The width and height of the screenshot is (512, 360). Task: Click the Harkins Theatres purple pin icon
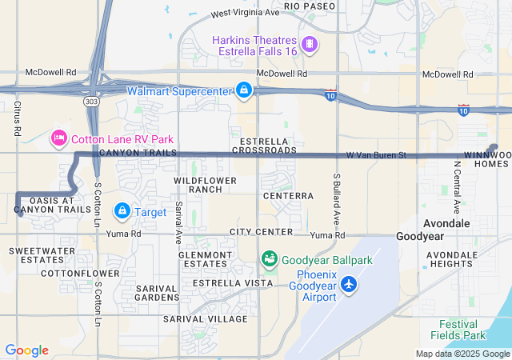click(309, 42)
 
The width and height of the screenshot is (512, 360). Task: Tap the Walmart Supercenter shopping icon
click(243, 90)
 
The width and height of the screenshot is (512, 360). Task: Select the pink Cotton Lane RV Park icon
click(58, 138)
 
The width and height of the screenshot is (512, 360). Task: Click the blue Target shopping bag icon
click(122, 211)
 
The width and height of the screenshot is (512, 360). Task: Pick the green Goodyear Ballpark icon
click(269, 259)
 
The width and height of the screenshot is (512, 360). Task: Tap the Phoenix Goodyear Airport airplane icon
click(349, 284)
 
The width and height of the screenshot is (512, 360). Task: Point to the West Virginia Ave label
click(245, 14)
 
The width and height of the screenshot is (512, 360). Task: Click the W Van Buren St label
click(377, 154)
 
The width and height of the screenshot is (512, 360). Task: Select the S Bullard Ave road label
click(338, 198)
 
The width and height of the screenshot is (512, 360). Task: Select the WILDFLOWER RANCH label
click(206, 185)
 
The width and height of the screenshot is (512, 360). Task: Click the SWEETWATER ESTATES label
click(36, 255)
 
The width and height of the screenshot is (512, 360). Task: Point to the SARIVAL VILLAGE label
click(206, 318)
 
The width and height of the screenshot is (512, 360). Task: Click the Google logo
click(26, 350)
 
